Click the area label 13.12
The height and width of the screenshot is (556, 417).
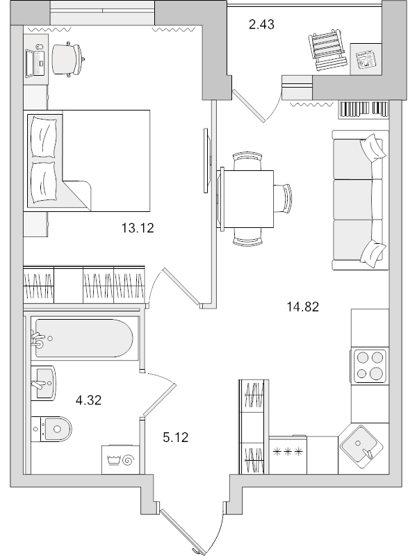(x=136, y=227)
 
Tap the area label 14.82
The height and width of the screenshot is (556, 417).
(x=303, y=306)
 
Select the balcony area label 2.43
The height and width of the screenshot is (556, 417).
(x=262, y=26)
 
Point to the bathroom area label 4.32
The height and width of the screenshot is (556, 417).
(x=88, y=400)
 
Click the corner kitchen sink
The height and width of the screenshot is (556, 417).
(x=360, y=443)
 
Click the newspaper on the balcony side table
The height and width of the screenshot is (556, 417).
(x=363, y=58)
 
